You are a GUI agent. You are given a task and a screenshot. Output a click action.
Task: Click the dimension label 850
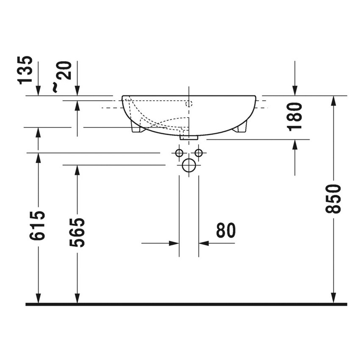tap(334, 199)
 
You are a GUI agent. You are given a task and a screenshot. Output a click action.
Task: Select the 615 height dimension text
tap(38, 225)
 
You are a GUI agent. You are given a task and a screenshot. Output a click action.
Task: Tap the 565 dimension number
tap(77, 233)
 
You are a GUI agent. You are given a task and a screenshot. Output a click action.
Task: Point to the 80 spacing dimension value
tap(225, 230)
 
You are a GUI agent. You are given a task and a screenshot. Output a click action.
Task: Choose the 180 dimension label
tap(295, 116)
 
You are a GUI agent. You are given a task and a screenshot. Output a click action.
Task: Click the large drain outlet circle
tap(189, 165)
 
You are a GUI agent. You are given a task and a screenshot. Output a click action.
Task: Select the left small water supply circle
tap(179, 152)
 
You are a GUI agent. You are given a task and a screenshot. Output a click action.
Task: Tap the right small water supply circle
tap(198, 152)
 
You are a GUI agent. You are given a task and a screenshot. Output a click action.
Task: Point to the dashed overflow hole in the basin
tap(189, 103)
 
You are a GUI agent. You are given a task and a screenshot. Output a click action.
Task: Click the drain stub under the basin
tap(189, 137)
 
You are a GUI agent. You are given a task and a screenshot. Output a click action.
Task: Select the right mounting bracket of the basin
tap(241, 127)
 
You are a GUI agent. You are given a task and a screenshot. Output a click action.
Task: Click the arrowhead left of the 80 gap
tap(174, 243)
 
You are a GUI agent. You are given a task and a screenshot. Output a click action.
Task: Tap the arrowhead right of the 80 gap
tap(204, 243)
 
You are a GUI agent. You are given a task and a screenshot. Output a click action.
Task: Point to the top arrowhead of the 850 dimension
tap(334, 100)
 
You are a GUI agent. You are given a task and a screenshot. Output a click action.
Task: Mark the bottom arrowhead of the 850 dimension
tap(334, 299)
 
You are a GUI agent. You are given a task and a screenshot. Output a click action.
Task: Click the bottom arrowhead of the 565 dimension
tap(77, 299)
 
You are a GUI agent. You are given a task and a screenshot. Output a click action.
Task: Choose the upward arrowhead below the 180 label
tap(295, 144)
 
